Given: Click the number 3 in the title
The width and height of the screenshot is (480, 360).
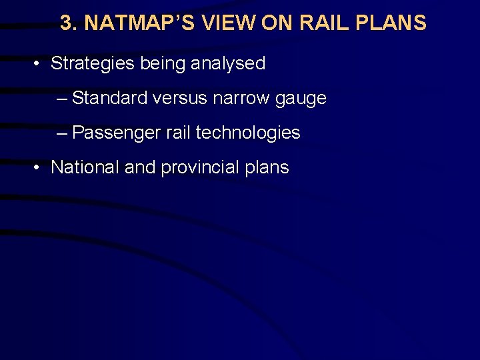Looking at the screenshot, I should point(66,23).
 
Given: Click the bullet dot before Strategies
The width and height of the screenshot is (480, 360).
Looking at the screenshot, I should point(38,64).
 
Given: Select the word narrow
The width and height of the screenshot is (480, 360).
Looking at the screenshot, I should point(241,99).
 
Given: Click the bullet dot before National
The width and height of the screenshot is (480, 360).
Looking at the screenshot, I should point(38,167).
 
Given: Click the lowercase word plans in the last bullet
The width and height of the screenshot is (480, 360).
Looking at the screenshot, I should point(267,168).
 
